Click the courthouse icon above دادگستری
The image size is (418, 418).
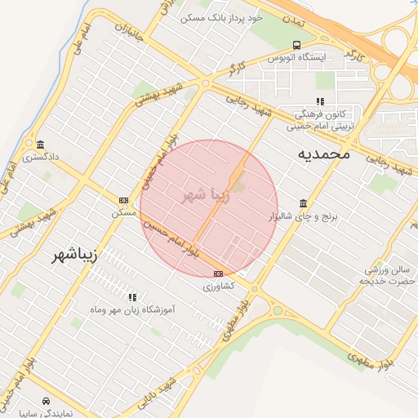click(x=41, y=145)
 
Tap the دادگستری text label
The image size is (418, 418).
click(x=41, y=155)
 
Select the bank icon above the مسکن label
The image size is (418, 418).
click(x=123, y=200)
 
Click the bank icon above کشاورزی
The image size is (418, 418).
click(x=218, y=273)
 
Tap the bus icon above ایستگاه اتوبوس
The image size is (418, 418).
click(x=296, y=46)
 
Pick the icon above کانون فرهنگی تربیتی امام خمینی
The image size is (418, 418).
click(x=320, y=101)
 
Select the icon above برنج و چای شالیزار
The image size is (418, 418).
click(x=304, y=203)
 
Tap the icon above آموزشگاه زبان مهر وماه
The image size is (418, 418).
click(x=132, y=297)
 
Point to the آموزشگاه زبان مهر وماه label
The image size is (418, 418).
click(x=132, y=310)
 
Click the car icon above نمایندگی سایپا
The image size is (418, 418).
click(x=46, y=402)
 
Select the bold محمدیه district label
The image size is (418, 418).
click(x=323, y=153)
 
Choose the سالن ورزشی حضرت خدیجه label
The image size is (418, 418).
click(x=386, y=275)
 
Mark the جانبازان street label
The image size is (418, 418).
click(x=129, y=35)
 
